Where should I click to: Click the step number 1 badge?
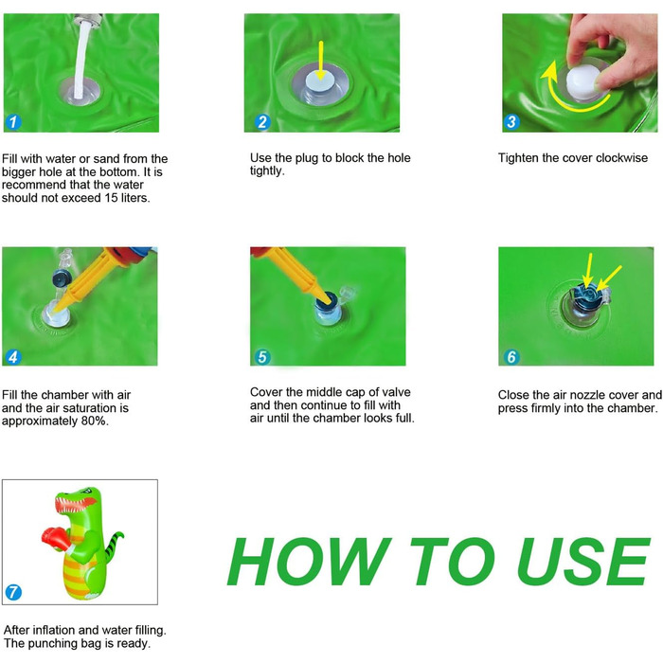pyautogui.click(x=13, y=122)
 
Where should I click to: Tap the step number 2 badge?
pyautogui.click(x=262, y=122)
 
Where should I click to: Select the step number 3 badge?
pyautogui.click(x=511, y=122)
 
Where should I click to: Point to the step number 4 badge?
pyautogui.click(x=13, y=357)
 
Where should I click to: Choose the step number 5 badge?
pyautogui.click(x=262, y=357)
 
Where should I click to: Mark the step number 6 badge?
pyautogui.click(x=511, y=357)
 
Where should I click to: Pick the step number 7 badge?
pyautogui.click(x=13, y=592)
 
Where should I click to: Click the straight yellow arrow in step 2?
pyautogui.click(x=321, y=60)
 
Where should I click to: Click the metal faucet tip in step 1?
pyautogui.click(x=88, y=19)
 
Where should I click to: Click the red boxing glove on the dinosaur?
pyautogui.click(x=55, y=538)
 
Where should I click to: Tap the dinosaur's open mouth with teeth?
pyautogui.click(x=75, y=503)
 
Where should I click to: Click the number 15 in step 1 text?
pyautogui.click(x=111, y=198)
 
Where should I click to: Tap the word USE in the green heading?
pyautogui.click(x=584, y=562)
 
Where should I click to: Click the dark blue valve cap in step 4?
pyautogui.click(x=60, y=278)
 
